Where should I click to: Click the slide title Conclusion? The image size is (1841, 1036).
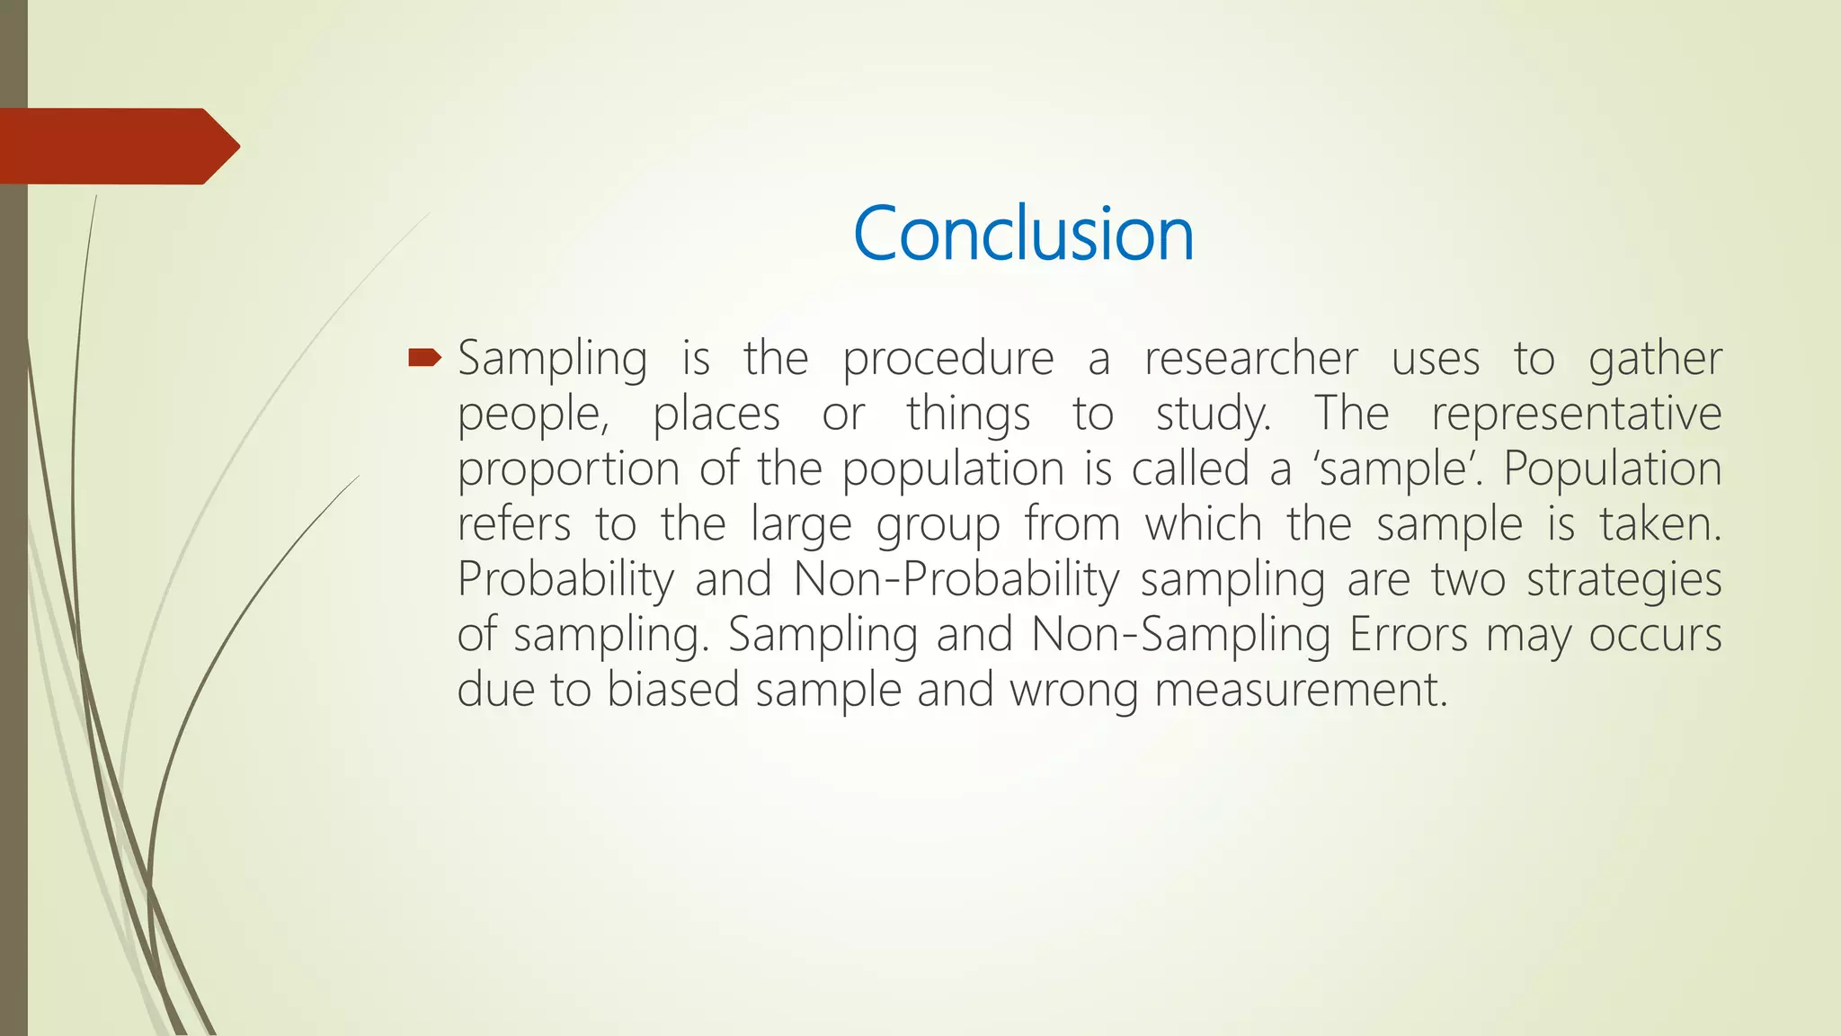click(x=1023, y=234)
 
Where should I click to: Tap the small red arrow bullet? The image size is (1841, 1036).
click(x=423, y=359)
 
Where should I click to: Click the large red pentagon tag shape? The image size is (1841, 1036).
click(x=117, y=146)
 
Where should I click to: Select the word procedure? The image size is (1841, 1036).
click(x=947, y=360)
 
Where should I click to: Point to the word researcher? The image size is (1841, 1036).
click(x=1250, y=359)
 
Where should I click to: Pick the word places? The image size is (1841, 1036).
click(x=716, y=415)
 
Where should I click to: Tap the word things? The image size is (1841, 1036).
click(x=967, y=415)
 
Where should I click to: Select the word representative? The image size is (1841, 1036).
click(x=1576, y=415)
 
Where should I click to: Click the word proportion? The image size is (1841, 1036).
click(x=568, y=470)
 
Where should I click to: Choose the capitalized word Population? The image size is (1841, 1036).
click(x=1612, y=470)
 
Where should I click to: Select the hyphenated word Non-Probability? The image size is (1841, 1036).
click(x=956, y=580)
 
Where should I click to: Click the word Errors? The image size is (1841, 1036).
click(x=1408, y=635)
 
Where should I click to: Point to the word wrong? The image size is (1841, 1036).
click(x=1073, y=691)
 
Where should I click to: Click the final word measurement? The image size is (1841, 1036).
click(x=1300, y=691)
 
